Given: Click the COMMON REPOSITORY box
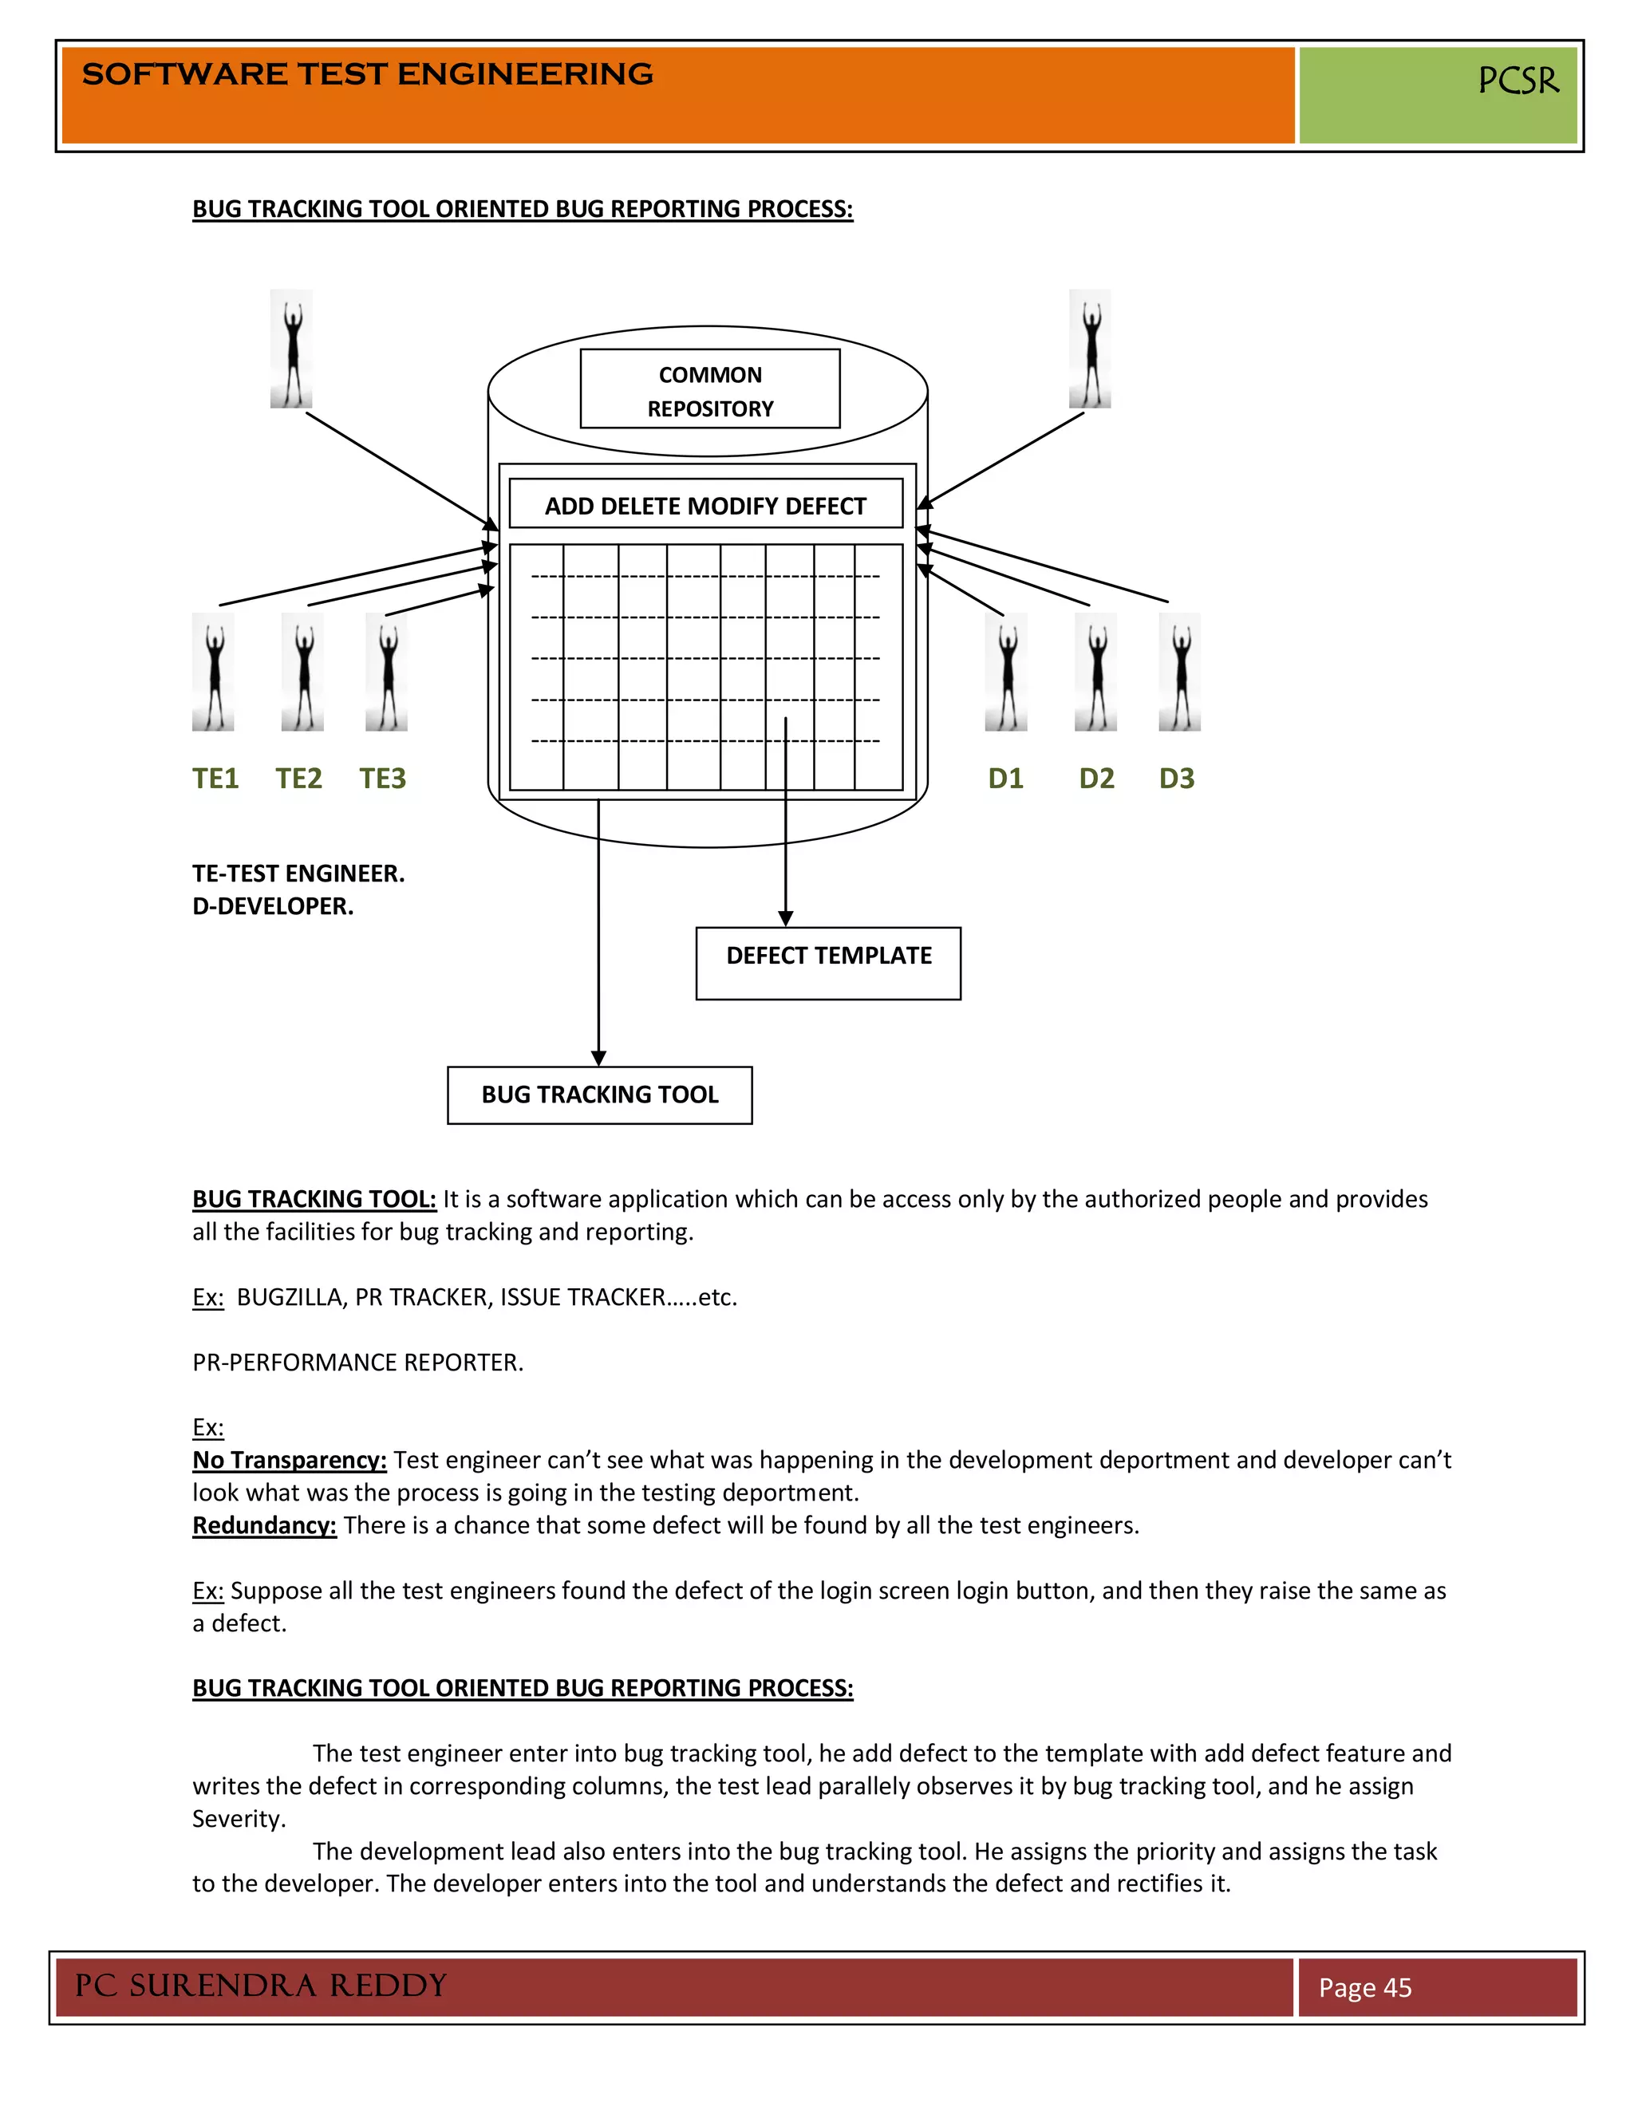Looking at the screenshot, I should [x=709, y=389].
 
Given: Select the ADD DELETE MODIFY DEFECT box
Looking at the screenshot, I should [x=705, y=504].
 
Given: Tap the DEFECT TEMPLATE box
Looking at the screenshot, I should [x=827, y=962].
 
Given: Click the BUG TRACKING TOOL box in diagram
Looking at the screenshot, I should [x=599, y=1094].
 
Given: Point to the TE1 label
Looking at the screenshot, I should [x=215, y=779].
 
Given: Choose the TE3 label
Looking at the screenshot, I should [x=382, y=779].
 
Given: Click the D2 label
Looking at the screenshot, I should [x=1095, y=779].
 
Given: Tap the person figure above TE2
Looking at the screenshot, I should [x=303, y=672].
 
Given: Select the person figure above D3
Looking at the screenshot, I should [x=1180, y=672].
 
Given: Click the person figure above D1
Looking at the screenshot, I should [x=1006, y=672].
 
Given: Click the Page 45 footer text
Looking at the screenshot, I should [x=1365, y=1987].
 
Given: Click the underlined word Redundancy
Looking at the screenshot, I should [x=264, y=1525].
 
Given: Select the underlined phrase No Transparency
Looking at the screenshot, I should [x=290, y=1460].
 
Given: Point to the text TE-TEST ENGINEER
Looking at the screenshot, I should [x=298, y=873].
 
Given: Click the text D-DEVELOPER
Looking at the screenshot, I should [x=273, y=906].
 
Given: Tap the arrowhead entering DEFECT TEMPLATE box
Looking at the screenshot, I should [x=785, y=918].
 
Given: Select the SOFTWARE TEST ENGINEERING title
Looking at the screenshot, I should [x=368, y=74].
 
